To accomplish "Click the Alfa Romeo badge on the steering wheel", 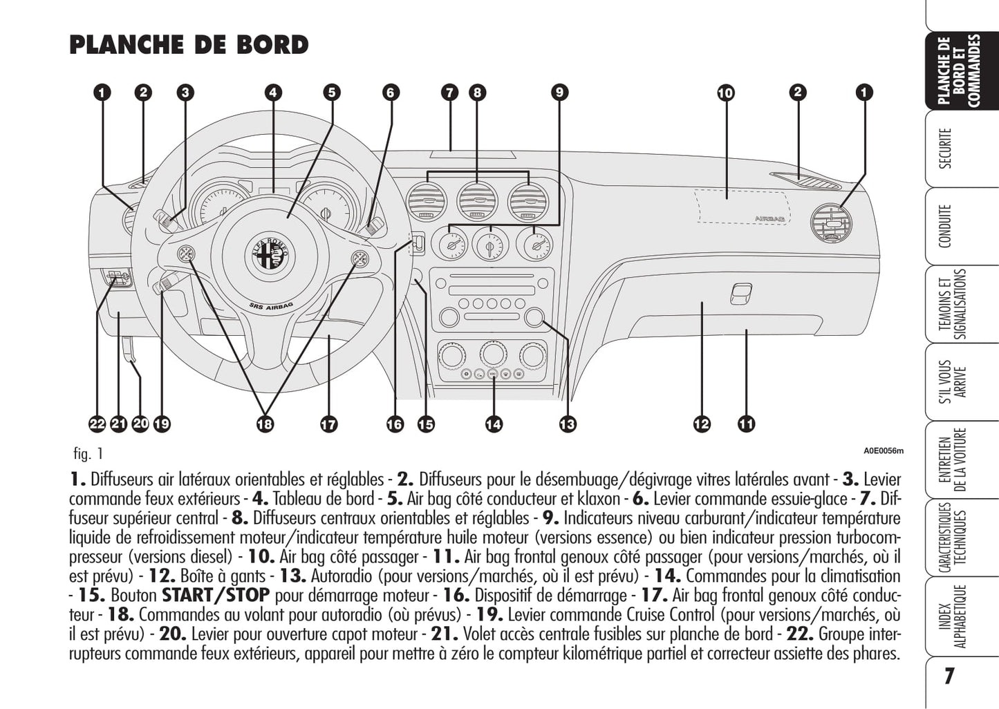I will coord(269,255).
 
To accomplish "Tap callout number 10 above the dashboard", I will coord(725,93).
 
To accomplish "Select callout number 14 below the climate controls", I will coord(494,424).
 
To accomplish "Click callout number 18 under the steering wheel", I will coord(265,424).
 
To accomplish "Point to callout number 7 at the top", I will coord(450,93).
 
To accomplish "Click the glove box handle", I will coord(740,294).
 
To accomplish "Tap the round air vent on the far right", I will coord(830,223).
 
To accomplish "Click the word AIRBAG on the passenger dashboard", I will coord(769,218).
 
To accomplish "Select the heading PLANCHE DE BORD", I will coord(189,45).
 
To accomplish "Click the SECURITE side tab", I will coord(946,148).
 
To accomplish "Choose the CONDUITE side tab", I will coord(946,226).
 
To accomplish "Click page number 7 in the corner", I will coord(949,676).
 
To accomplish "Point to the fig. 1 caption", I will coord(88,454).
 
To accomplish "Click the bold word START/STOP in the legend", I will coord(216,595).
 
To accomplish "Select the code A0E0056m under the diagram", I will coord(883,451).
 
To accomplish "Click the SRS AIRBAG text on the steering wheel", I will coord(270,305).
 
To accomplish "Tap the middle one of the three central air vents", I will coord(478,201).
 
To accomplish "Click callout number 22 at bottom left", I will coord(97,424).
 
